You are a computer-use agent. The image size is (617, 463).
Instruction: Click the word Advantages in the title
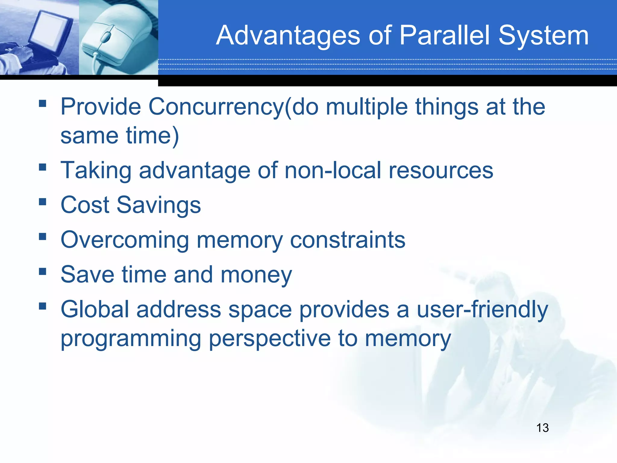tap(288, 36)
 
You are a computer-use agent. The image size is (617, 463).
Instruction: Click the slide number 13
tap(542, 428)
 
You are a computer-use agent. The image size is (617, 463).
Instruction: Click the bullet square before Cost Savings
tap(42, 201)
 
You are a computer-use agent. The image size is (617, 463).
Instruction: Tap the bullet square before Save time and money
tap(42, 271)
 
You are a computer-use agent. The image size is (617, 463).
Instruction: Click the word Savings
tap(158, 205)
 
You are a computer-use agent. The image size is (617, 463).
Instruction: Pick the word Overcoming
tap(125, 240)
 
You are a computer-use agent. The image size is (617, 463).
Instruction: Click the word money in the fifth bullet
tap(256, 275)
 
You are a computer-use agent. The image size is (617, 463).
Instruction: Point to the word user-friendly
tap(482, 310)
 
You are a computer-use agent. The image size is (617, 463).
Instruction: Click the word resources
tap(441, 171)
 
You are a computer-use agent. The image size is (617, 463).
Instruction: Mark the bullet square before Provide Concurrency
tap(42, 104)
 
